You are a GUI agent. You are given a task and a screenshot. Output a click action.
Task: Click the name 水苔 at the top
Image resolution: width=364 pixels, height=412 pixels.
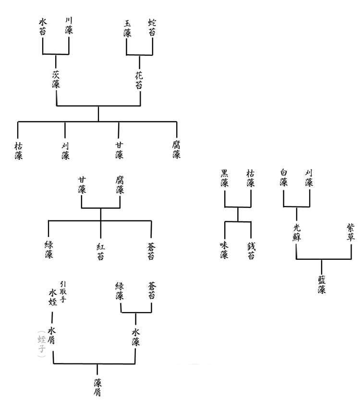(43, 26)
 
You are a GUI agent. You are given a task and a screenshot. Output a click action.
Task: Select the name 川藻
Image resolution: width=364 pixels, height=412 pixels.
(69, 26)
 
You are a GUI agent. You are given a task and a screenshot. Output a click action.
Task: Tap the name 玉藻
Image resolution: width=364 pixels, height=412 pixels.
(127, 28)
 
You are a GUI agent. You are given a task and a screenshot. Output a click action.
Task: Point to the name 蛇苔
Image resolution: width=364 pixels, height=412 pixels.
(152, 27)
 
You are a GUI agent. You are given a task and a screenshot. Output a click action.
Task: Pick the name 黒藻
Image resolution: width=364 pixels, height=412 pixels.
(224, 178)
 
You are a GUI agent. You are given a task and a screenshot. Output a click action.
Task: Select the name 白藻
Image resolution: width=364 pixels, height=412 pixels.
(283, 178)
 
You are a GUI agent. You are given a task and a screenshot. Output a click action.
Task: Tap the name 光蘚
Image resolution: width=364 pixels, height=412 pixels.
(296, 231)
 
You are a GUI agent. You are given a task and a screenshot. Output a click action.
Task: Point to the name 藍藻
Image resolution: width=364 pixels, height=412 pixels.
(322, 284)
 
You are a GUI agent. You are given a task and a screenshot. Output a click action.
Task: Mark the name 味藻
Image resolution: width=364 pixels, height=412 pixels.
(224, 249)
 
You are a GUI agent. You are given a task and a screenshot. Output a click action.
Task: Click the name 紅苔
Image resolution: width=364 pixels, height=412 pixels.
(100, 251)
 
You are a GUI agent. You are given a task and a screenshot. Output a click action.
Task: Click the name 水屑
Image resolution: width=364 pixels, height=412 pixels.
(52, 337)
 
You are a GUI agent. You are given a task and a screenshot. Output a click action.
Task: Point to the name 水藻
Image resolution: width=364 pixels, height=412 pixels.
(135, 337)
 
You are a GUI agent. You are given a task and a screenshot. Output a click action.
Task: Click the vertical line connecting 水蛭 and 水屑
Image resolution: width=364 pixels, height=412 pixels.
(52, 317)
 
